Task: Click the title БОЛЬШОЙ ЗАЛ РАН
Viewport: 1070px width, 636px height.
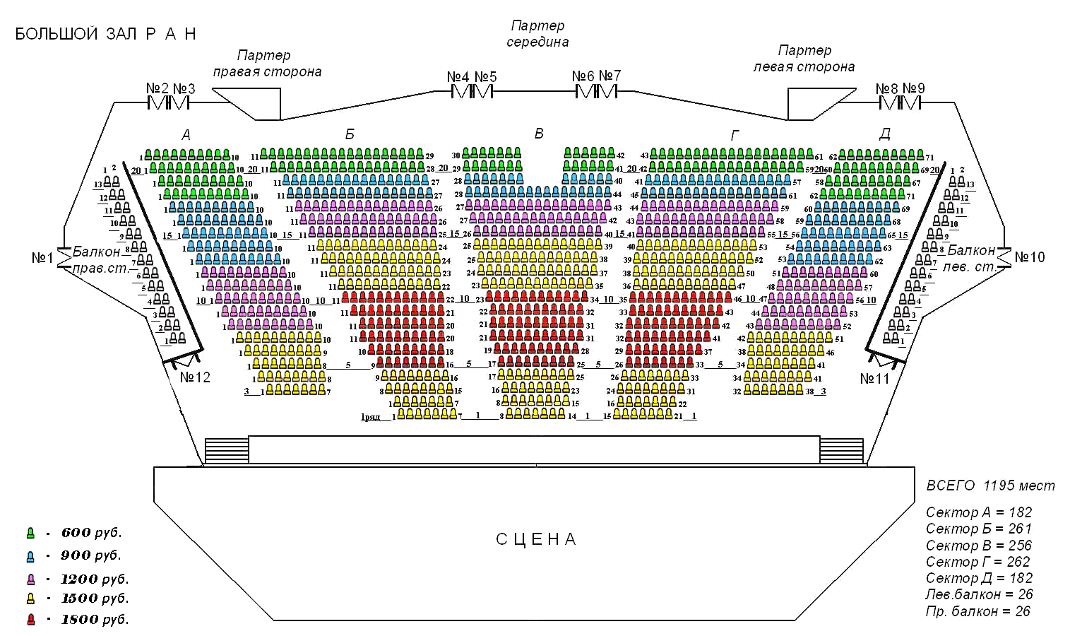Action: [105, 34]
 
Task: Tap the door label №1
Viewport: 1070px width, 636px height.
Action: [42, 258]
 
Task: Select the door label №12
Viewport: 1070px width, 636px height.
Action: [195, 377]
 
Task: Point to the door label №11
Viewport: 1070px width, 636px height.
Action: [874, 379]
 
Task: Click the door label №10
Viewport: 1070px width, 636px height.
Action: [1029, 257]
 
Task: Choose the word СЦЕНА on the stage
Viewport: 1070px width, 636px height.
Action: [536, 540]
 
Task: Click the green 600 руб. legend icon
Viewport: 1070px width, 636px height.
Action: [30, 533]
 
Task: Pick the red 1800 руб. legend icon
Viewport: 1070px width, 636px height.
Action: [30, 620]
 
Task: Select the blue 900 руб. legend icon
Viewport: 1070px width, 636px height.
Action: [30, 555]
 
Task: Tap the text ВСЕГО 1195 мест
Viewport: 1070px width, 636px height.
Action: [990, 485]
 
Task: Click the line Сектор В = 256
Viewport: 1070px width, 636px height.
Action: [978, 546]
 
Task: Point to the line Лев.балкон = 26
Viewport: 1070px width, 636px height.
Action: [979, 594]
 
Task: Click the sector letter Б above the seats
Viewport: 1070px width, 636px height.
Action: [350, 134]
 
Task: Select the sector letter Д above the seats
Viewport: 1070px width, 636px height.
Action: [884, 134]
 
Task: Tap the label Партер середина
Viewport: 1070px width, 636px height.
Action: [537, 34]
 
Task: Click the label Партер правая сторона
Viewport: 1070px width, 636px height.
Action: [267, 64]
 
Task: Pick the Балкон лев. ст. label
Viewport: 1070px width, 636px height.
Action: [971, 259]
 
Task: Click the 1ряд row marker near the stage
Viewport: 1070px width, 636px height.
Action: [371, 417]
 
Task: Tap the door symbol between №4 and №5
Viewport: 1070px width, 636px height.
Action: [472, 92]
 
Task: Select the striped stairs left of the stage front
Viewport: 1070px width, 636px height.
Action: [227, 450]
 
